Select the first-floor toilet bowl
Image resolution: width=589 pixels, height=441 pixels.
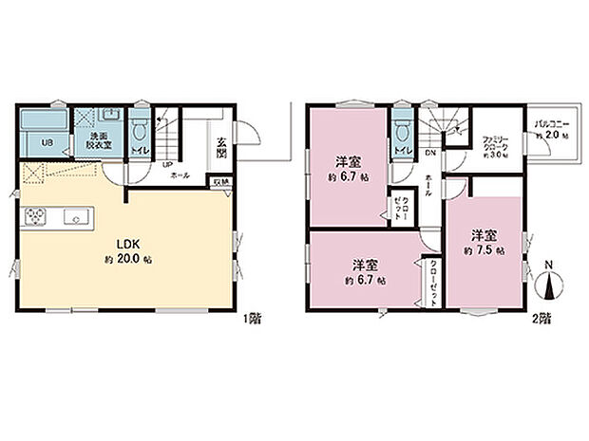tap(139, 126)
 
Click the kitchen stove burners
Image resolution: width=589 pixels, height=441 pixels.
tap(36, 217)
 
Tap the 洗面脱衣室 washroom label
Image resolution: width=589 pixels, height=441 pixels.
tap(99, 141)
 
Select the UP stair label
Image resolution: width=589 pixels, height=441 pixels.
tap(153, 163)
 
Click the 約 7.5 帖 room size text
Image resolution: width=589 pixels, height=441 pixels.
tap(484, 249)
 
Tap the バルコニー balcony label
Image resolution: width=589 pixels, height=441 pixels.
tap(551, 124)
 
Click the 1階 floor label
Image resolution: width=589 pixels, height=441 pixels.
tap(252, 320)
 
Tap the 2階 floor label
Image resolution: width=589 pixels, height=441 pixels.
tap(541, 320)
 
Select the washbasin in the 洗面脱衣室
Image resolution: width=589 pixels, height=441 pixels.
tap(110, 116)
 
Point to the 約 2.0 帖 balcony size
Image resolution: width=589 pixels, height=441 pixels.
tap(551, 137)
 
